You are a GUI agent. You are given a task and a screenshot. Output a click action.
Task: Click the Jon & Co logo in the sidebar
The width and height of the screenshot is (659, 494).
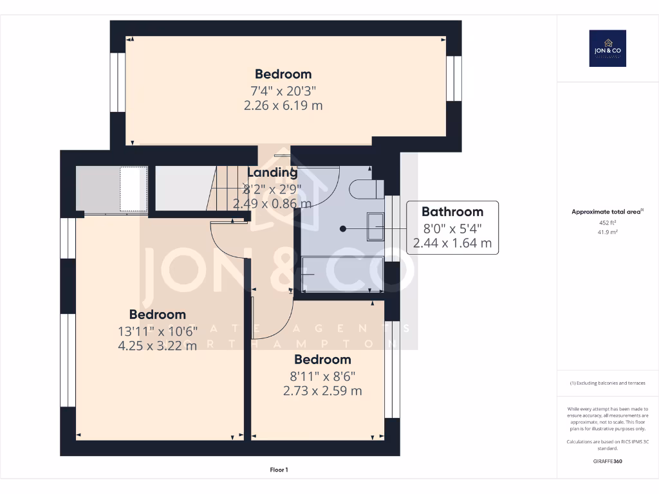pyautogui.click(x=608, y=48)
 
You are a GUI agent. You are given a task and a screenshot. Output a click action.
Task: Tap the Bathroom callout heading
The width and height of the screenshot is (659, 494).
pyautogui.click(x=452, y=212)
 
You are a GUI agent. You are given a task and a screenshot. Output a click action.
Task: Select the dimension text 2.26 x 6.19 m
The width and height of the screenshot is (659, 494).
pyautogui.click(x=283, y=105)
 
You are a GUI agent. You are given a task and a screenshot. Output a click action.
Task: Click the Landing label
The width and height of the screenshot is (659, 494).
pyautogui.click(x=272, y=172)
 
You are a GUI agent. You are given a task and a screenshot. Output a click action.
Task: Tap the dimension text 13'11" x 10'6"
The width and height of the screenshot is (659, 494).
pyautogui.click(x=158, y=331)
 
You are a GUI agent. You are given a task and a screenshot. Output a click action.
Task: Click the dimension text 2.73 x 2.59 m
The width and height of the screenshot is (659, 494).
pyautogui.click(x=322, y=390)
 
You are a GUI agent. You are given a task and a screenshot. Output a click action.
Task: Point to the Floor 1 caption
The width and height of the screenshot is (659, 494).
pyautogui.click(x=279, y=470)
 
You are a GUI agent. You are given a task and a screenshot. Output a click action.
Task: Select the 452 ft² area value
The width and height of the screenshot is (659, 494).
pyautogui.click(x=608, y=223)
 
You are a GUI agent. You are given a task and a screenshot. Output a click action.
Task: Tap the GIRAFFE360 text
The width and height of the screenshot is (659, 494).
pyautogui.click(x=608, y=461)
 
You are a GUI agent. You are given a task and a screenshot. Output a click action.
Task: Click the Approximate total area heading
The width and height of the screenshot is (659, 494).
pyautogui.click(x=608, y=212)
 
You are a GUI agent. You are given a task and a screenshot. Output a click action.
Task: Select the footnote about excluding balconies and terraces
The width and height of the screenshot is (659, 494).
pyautogui.click(x=608, y=383)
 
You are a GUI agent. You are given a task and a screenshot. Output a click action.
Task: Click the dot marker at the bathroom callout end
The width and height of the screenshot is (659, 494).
pyautogui.click(x=343, y=228)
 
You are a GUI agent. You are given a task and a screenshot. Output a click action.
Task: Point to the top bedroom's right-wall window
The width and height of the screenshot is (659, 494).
pyautogui.click(x=454, y=78)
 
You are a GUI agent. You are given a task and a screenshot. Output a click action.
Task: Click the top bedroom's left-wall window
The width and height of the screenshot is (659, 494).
pyautogui.click(x=117, y=82)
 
